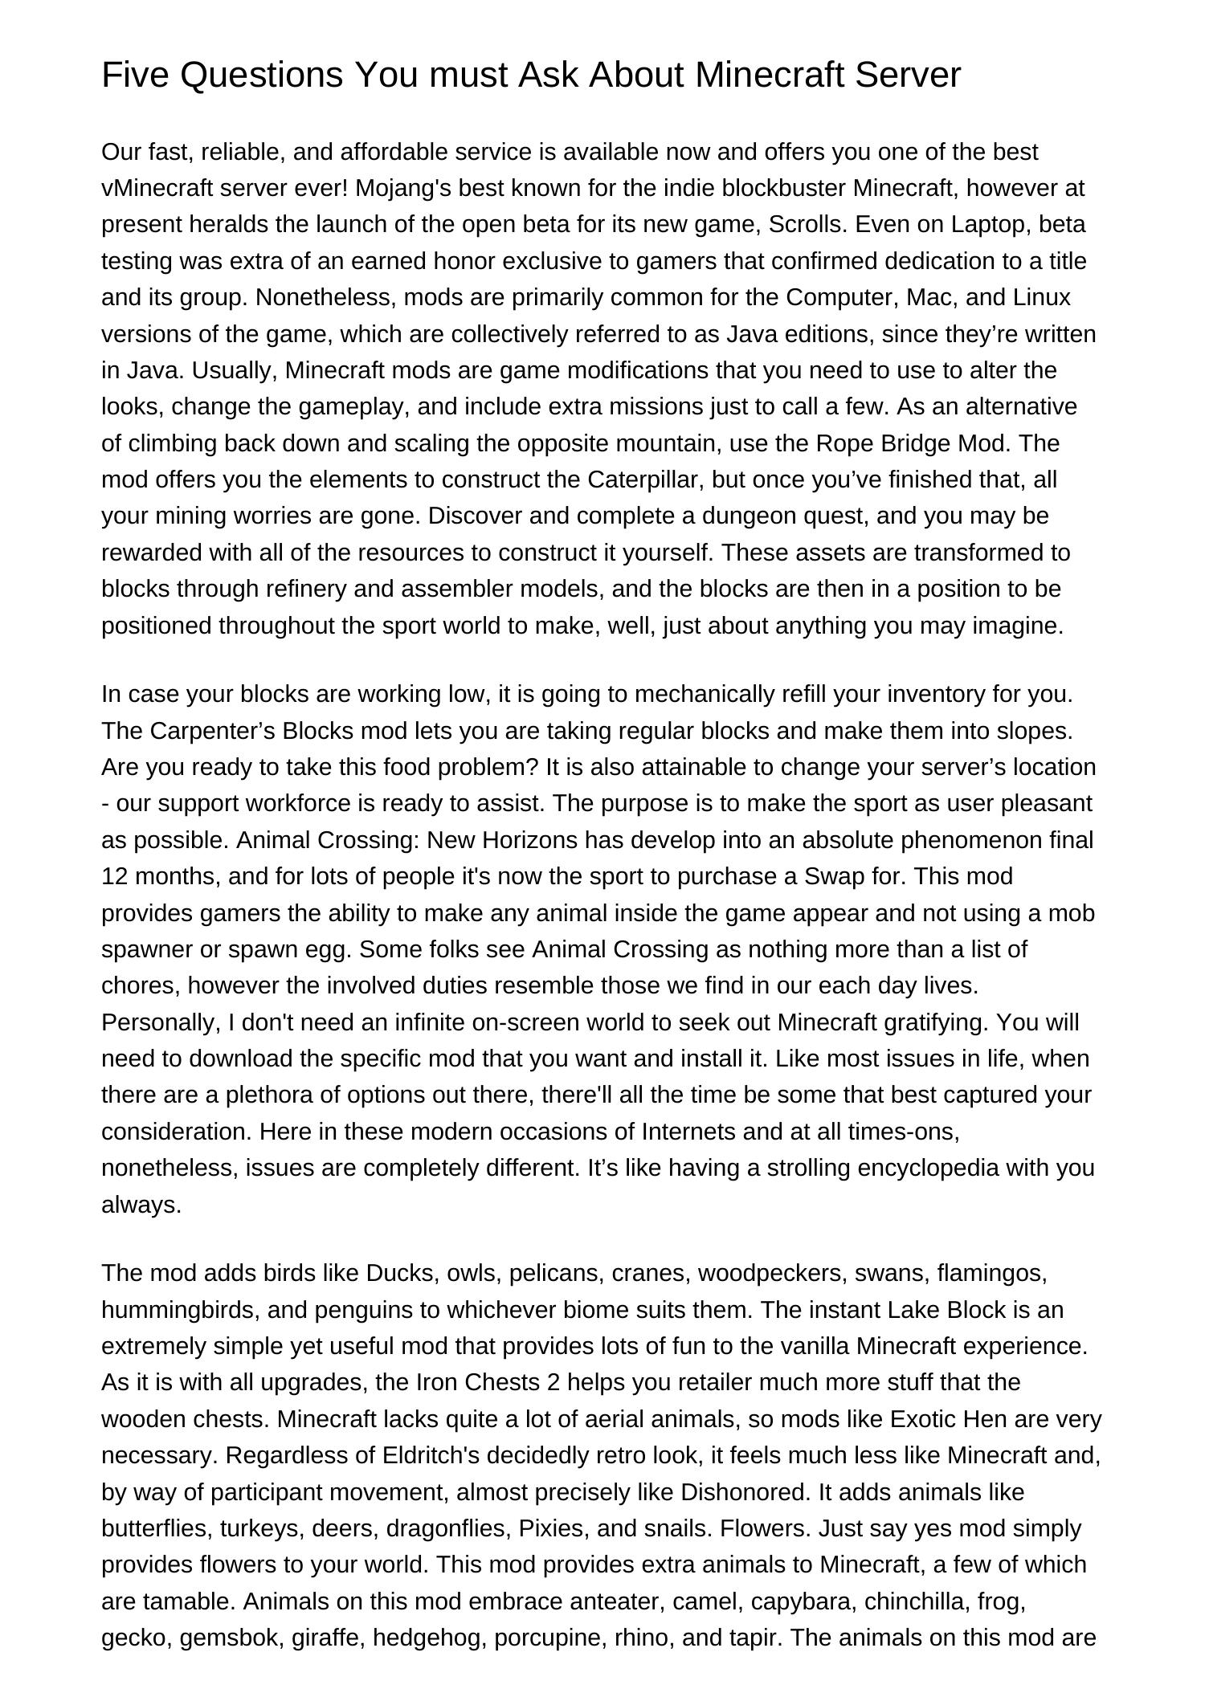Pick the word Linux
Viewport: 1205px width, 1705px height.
click(1041, 298)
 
